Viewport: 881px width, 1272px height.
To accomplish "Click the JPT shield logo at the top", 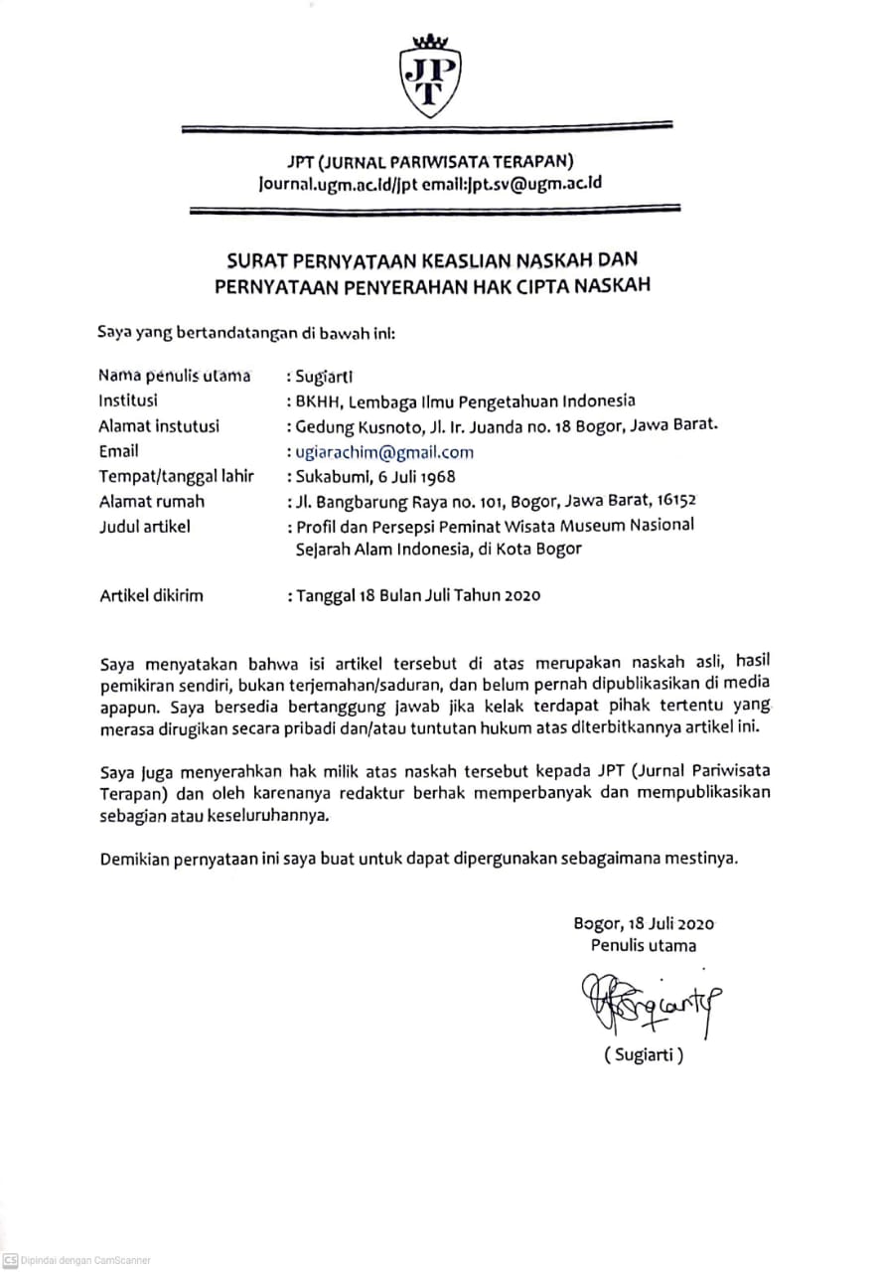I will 430,78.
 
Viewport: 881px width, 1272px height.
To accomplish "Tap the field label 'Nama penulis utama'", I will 175,376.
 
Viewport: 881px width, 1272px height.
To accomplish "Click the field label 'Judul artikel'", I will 144,527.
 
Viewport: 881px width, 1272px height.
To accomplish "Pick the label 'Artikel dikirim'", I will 151,595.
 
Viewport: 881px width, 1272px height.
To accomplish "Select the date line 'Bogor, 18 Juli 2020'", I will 644,923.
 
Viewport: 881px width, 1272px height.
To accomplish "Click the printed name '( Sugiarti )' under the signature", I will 644,1055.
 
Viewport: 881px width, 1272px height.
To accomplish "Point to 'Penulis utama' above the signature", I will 644,945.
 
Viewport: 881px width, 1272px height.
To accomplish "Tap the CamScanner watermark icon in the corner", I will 10,1260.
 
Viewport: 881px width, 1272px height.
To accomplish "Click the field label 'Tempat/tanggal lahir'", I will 177,477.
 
